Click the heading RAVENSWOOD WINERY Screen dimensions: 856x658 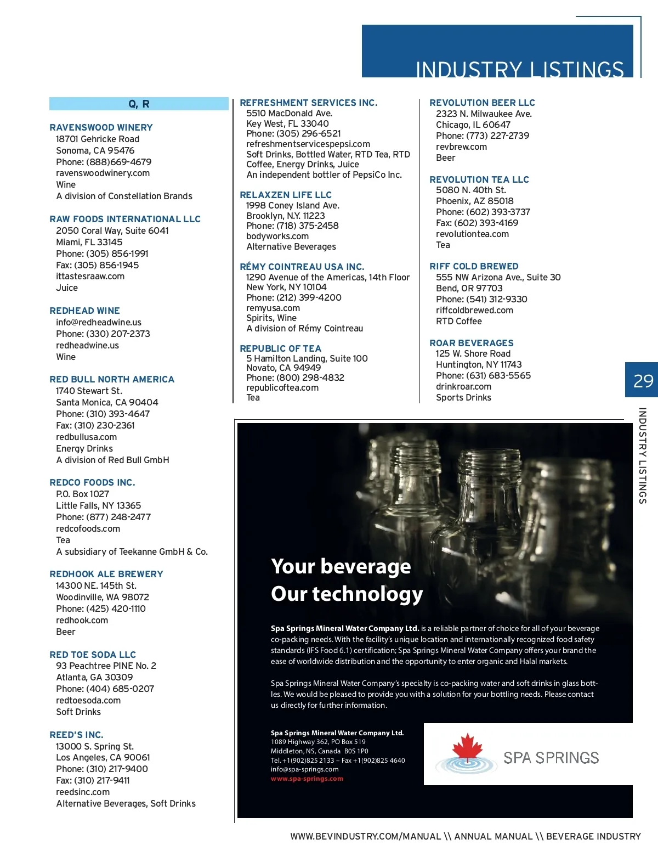click(x=101, y=127)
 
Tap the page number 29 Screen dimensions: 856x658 click(x=643, y=381)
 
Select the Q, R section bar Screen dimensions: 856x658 click(x=139, y=104)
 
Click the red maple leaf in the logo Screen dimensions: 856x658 click(x=467, y=747)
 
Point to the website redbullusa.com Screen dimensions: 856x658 click(x=86, y=437)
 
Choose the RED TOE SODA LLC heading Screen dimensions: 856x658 click(x=93, y=655)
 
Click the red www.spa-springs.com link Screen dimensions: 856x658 click(x=307, y=779)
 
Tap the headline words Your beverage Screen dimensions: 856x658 click(x=341, y=566)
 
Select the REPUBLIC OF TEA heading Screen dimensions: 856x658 click(x=280, y=348)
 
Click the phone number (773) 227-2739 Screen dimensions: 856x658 click(x=497, y=136)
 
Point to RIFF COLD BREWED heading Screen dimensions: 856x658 click(x=474, y=266)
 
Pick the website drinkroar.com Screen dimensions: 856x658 click(x=463, y=386)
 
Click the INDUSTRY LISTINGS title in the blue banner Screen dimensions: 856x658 click(x=519, y=70)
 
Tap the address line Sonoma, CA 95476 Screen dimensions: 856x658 click(x=95, y=150)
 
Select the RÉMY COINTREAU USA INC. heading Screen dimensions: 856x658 click(x=302, y=267)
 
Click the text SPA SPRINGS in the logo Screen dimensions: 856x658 click(x=551, y=758)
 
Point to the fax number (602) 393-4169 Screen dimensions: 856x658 click(x=486, y=223)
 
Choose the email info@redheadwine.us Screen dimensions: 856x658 click(x=99, y=322)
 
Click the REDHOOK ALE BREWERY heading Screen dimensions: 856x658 click(x=106, y=574)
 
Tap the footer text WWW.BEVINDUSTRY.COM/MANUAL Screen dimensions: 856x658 click(x=366, y=836)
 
